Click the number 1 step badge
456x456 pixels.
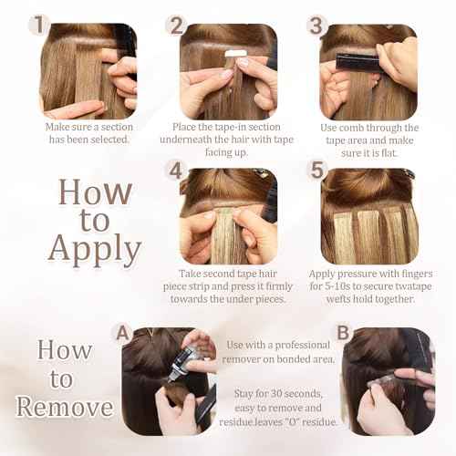coord(37,25)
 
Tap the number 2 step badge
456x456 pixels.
coord(176,25)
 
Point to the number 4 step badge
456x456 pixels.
coord(176,170)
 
